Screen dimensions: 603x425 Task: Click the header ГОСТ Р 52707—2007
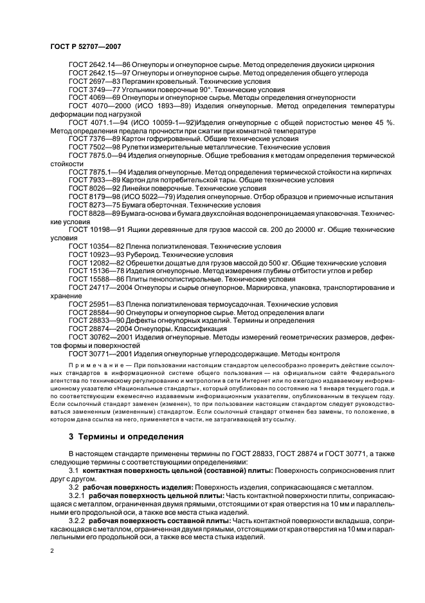(x=86, y=46)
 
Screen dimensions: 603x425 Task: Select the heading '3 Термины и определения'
(x=126, y=436)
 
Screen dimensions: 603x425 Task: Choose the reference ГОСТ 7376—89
(x=96, y=139)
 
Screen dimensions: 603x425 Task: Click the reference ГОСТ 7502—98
(x=96, y=147)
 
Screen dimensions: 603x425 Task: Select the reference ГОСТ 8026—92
(x=96, y=187)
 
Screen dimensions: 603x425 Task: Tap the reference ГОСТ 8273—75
(x=96, y=204)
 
